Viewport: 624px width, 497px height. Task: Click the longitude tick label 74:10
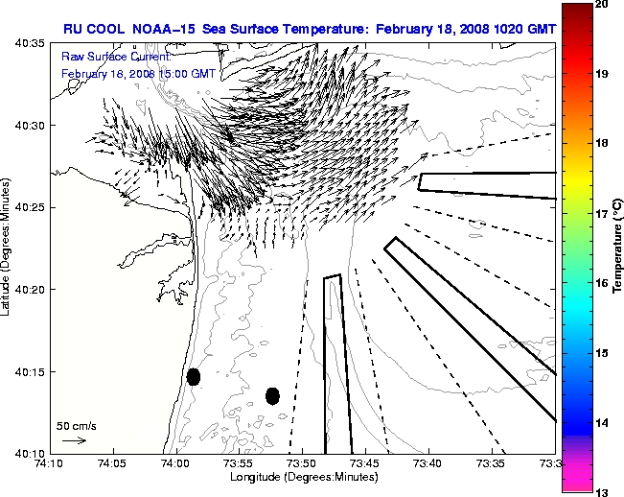tap(50, 464)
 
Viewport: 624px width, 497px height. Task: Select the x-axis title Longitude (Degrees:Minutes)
tap(302, 477)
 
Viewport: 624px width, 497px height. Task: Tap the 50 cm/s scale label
tap(74, 425)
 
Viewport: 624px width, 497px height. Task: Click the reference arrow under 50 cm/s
tap(74, 440)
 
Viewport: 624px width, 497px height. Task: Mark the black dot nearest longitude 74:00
tap(194, 376)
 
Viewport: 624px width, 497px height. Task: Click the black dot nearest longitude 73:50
tap(272, 395)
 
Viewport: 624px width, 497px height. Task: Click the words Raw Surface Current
tap(106, 58)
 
